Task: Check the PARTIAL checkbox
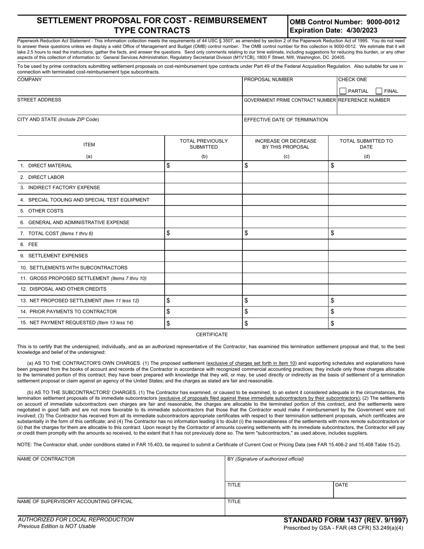[343, 91]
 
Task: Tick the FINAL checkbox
[379, 91]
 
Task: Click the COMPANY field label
[29, 79]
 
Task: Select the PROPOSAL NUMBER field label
[269, 79]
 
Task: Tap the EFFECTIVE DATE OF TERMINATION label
[286, 120]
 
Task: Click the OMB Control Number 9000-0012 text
[345, 22]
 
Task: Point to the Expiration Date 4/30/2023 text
[333, 30]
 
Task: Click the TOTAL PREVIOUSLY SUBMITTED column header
[204, 144]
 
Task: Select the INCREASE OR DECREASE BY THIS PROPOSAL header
[286, 144]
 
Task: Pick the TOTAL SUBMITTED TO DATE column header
[366, 144]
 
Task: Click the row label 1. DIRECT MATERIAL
[46, 166]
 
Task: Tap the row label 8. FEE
[29, 245]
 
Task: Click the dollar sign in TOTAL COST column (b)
[168, 233]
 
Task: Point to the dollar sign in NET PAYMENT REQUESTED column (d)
[333, 324]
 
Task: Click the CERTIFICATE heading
[212, 334]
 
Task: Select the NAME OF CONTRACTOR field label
[46, 459]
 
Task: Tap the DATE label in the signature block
[341, 485]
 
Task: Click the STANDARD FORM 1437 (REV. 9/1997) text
[345, 520]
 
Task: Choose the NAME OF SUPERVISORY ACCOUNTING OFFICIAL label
[75, 501]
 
